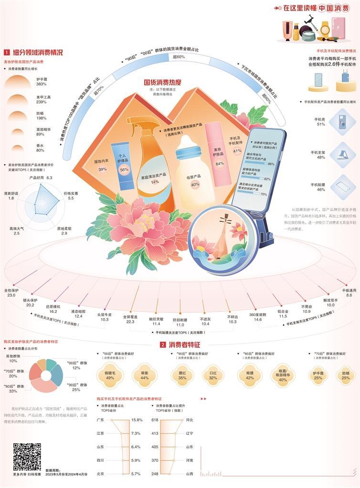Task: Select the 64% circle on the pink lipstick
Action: coord(220,163)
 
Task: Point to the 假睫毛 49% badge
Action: coord(110,374)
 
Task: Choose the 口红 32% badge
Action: coord(213,374)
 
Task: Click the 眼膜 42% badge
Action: coord(250,374)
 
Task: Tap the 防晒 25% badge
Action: coord(345,374)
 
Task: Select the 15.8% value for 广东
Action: coord(137,420)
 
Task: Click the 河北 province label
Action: coord(189,420)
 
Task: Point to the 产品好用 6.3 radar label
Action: coord(43,177)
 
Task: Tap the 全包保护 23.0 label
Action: coord(11,292)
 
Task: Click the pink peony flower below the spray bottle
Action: coord(152,224)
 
